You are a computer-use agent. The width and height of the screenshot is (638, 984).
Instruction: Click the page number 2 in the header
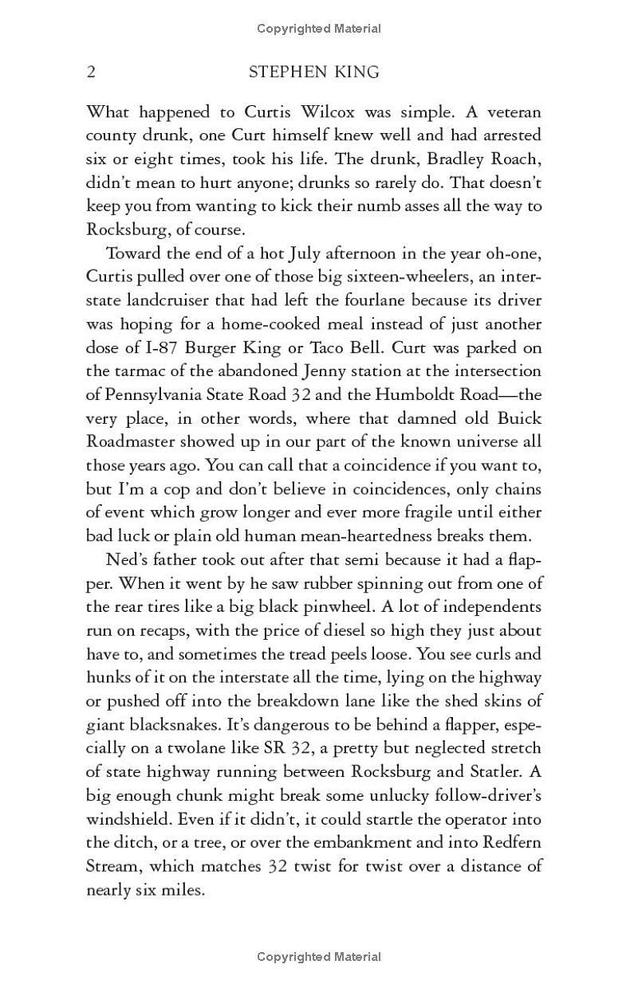click(x=91, y=73)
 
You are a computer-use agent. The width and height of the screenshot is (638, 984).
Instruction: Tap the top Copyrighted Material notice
click(x=319, y=29)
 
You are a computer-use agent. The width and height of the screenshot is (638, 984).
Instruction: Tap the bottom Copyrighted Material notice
click(x=319, y=956)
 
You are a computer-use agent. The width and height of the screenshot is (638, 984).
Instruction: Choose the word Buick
click(x=521, y=418)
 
